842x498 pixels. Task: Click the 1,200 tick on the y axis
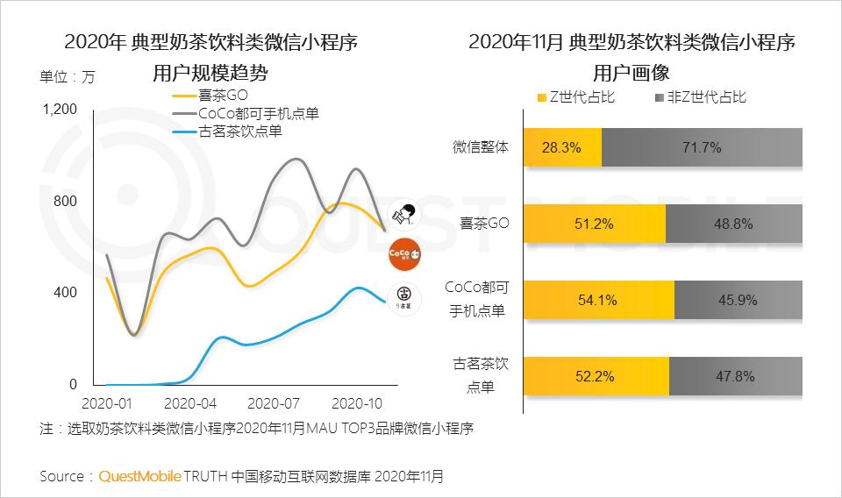(60, 110)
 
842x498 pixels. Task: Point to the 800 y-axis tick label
(66, 201)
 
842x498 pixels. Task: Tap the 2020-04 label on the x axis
(191, 404)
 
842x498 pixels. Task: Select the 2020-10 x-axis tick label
(358, 404)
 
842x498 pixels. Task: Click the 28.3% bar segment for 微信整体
(562, 148)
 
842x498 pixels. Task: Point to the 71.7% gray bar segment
(702, 148)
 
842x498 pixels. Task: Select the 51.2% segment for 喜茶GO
(595, 224)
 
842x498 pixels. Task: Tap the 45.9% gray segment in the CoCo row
(739, 300)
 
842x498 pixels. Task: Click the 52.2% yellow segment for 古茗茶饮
(596, 376)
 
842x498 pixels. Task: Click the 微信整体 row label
(480, 147)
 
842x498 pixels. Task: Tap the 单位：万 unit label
(68, 76)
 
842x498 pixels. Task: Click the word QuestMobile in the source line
(139, 477)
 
